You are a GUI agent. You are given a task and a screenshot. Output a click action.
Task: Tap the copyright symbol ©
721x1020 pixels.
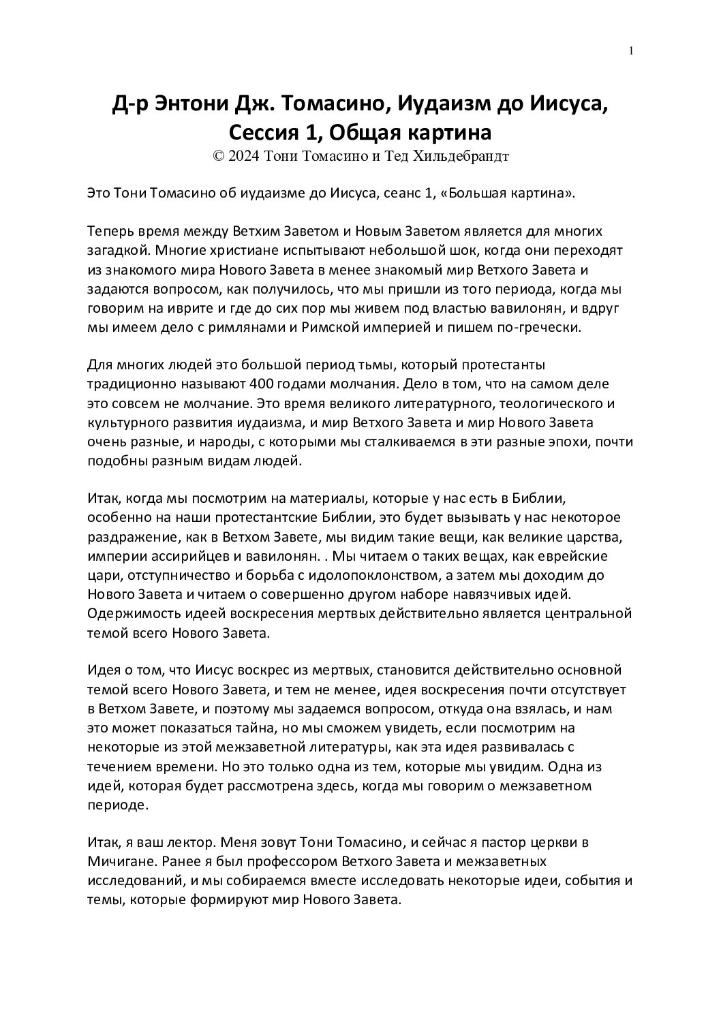[219, 156]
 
